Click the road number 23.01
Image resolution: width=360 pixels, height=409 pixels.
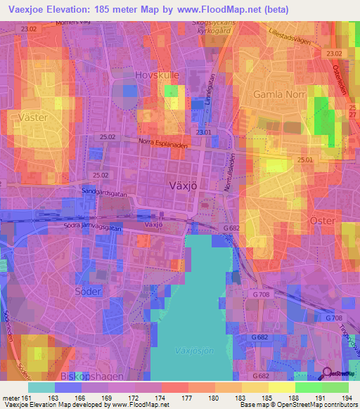point(204,131)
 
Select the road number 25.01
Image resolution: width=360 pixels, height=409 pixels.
point(305,160)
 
